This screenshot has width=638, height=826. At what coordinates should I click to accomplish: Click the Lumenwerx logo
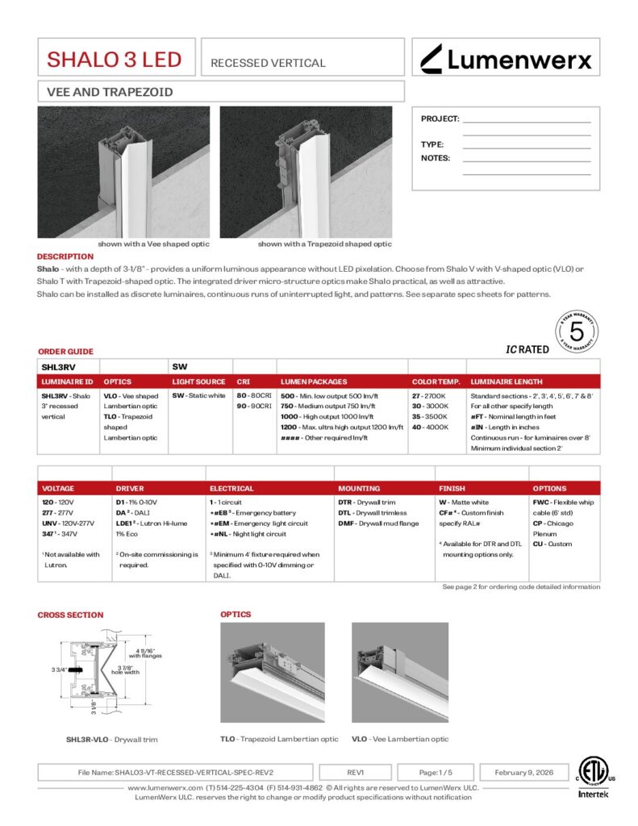click(x=506, y=58)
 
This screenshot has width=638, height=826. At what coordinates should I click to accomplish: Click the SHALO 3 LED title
click(x=114, y=59)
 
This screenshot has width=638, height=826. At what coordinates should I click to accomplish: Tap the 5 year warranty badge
click(x=577, y=331)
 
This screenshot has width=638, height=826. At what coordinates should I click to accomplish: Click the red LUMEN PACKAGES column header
click(x=314, y=381)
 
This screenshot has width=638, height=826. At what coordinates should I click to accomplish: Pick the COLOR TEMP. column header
click(x=436, y=381)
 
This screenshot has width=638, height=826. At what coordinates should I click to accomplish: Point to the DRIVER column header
click(x=130, y=488)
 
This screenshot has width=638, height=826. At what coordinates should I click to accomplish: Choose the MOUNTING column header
click(x=359, y=488)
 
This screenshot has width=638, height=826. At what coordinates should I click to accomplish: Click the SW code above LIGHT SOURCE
click(x=179, y=365)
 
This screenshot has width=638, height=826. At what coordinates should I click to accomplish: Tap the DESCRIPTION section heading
click(x=65, y=257)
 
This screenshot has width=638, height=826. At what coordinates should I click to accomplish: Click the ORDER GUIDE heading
click(x=65, y=352)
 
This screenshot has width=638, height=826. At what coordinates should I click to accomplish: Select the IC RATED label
click(x=527, y=349)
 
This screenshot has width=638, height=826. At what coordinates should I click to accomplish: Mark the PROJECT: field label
click(x=440, y=119)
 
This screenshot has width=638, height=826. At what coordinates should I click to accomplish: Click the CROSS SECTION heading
click(x=70, y=615)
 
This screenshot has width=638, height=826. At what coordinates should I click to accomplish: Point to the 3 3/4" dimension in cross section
click(x=60, y=669)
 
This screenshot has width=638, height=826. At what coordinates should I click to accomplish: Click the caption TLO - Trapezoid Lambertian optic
click(x=279, y=739)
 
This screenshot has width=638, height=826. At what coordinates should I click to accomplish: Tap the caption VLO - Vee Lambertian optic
click(x=400, y=739)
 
